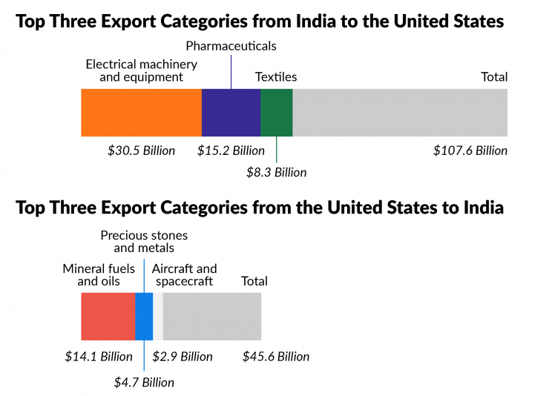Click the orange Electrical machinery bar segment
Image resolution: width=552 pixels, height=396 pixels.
(x=141, y=112)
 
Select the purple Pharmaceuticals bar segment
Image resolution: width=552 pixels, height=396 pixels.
(x=231, y=112)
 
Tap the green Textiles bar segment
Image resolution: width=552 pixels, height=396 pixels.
(x=276, y=112)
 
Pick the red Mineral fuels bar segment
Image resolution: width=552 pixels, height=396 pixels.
(x=108, y=316)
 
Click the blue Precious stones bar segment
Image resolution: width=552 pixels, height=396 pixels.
(x=144, y=316)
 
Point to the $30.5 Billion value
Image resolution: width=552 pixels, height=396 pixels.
(x=141, y=151)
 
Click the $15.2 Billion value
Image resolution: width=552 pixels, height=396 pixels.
(x=231, y=151)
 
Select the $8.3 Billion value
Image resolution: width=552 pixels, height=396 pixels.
(x=276, y=172)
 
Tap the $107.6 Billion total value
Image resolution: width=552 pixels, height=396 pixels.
(x=470, y=151)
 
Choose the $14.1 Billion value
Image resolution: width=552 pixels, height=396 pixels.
(x=99, y=356)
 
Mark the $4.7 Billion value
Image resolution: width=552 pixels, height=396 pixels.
(x=144, y=383)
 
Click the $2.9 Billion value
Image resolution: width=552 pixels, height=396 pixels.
(x=183, y=356)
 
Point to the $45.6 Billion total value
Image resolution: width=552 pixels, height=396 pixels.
(x=276, y=356)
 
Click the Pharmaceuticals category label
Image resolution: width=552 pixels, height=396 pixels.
(x=231, y=46)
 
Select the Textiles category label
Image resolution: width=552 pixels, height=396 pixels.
(x=276, y=76)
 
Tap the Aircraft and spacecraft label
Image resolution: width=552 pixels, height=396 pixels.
(x=184, y=274)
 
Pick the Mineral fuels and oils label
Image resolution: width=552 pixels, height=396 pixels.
(x=99, y=274)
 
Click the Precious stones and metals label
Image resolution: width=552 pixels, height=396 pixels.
(x=144, y=242)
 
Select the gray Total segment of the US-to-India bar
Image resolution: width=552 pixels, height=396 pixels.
(x=212, y=316)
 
